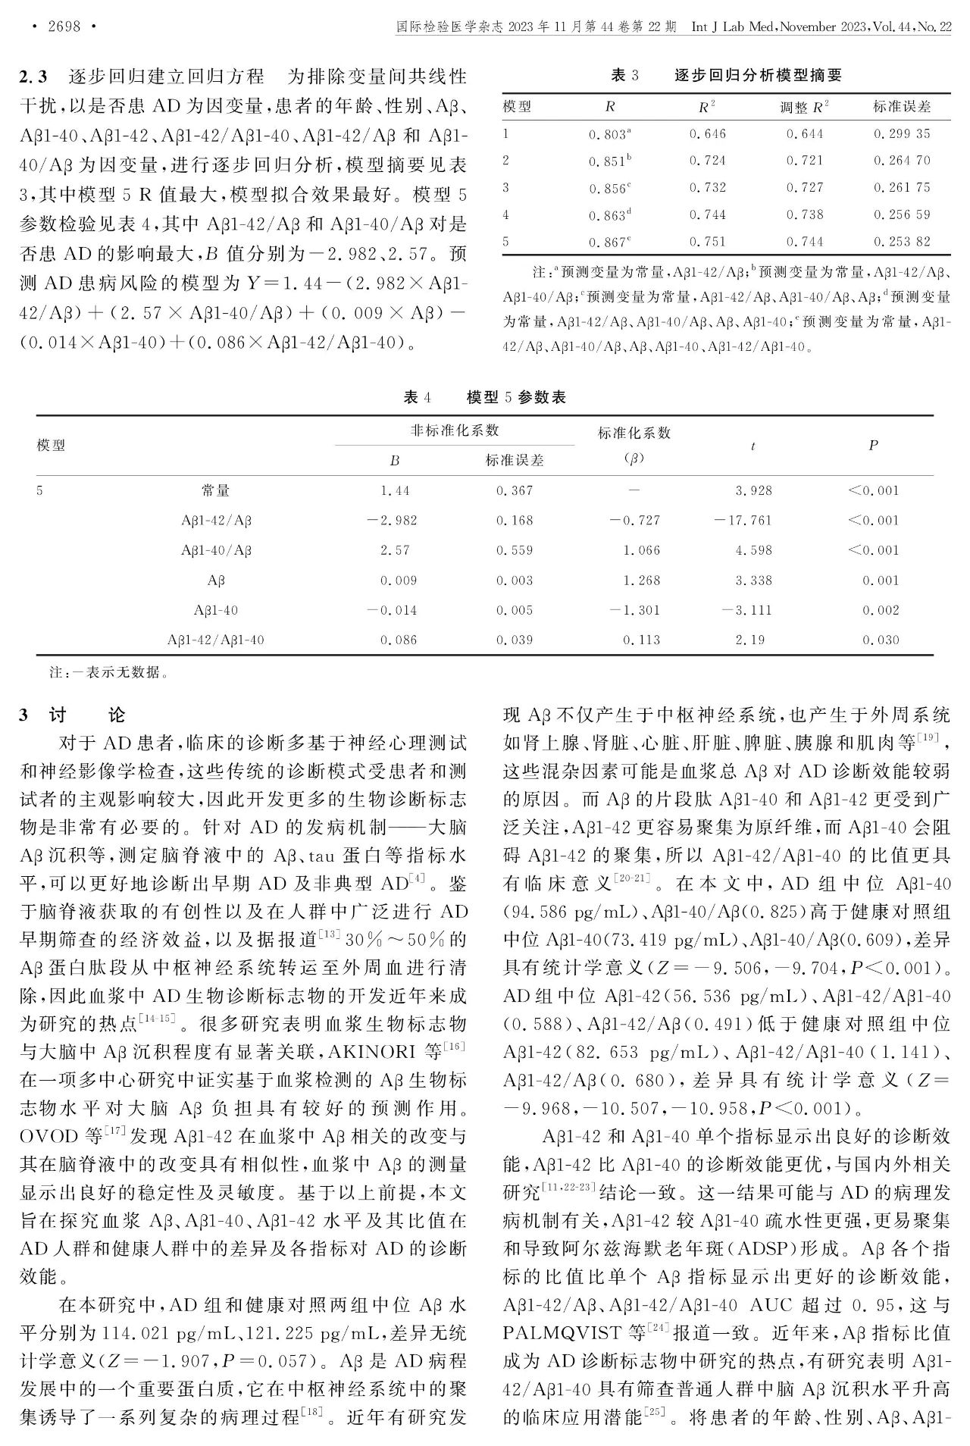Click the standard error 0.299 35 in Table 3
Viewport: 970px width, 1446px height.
click(x=901, y=134)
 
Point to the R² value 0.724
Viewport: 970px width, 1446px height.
click(x=707, y=161)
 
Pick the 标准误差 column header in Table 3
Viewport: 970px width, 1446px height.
click(x=901, y=107)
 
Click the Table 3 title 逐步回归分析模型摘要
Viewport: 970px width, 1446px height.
click(x=758, y=76)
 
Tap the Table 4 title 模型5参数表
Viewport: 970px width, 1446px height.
click(x=516, y=397)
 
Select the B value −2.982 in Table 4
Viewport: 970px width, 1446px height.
click(x=392, y=521)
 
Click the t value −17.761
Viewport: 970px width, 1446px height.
click(x=743, y=521)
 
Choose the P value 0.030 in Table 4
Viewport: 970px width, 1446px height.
click(x=881, y=640)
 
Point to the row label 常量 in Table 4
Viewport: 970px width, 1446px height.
click(x=216, y=491)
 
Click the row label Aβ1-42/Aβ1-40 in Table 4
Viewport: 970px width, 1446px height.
click(x=216, y=640)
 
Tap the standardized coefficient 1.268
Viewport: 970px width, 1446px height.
click(x=641, y=581)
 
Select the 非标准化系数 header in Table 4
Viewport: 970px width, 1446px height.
click(x=455, y=430)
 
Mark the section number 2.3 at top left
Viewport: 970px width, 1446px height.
click(x=33, y=77)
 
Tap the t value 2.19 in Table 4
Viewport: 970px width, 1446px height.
click(x=749, y=640)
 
